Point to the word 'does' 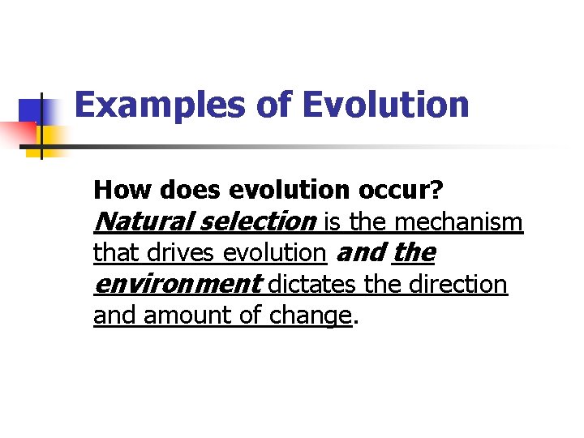[191, 190]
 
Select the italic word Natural [144, 221]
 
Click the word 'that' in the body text [114, 253]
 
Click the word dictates [312, 285]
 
